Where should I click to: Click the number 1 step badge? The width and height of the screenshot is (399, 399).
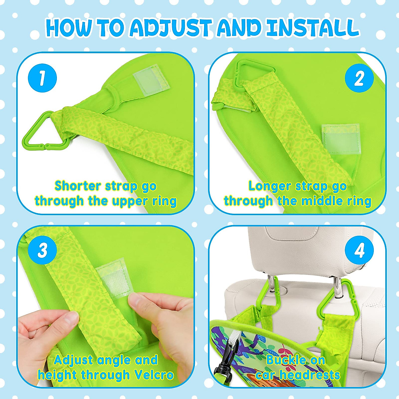tap(42, 78)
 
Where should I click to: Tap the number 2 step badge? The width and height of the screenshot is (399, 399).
tap(359, 78)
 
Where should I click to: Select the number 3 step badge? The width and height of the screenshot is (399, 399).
tap(42, 251)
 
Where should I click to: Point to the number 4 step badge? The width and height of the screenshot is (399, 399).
tap(359, 251)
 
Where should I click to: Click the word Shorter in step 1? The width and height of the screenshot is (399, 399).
tap(78, 186)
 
